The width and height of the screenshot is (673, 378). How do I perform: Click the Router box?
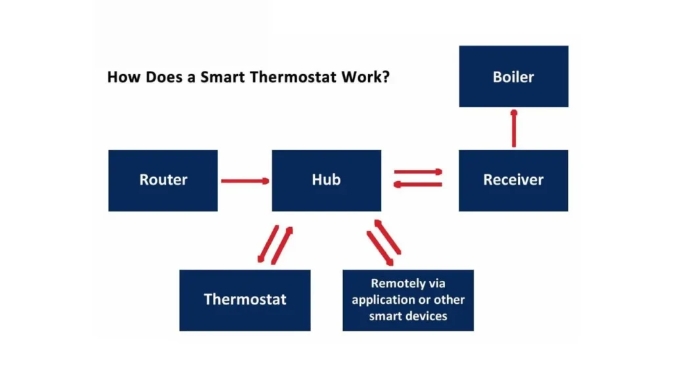point(163,180)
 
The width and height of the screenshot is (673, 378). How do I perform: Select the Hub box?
point(326,180)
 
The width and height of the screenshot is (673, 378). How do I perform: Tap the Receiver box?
point(513,180)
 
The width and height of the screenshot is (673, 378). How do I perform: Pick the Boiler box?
point(513,76)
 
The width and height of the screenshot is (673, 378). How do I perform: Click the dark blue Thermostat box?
point(244,300)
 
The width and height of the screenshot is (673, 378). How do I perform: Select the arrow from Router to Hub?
point(245,180)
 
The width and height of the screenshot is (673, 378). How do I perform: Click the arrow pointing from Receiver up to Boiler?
point(513,128)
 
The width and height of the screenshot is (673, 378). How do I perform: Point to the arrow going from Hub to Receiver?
point(419,172)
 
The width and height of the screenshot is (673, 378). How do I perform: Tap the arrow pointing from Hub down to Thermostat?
point(267,244)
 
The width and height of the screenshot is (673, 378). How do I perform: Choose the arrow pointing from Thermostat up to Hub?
point(283,245)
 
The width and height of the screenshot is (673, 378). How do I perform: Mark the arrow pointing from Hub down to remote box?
point(380,249)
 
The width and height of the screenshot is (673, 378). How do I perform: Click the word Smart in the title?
point(223,77)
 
